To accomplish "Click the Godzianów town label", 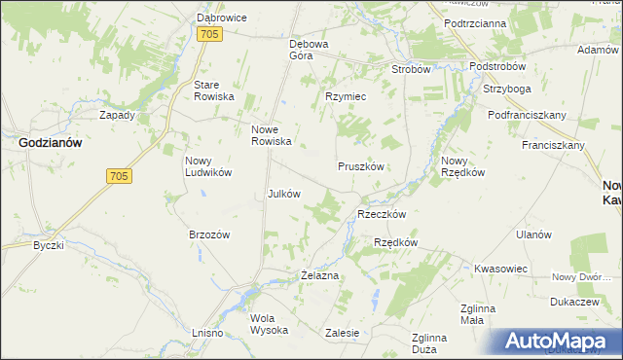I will (x=50, y=142).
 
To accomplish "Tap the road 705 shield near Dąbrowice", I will (x=209, y=34).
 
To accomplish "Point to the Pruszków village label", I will (x=363, y=166).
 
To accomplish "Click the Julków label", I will (x=283, y=193).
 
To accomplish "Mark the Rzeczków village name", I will (x=382, y=213).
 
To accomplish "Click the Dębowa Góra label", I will (x=311, y=50).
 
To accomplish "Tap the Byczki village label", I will (x=48, y=245).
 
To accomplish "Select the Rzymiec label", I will (x=345, y=96).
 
